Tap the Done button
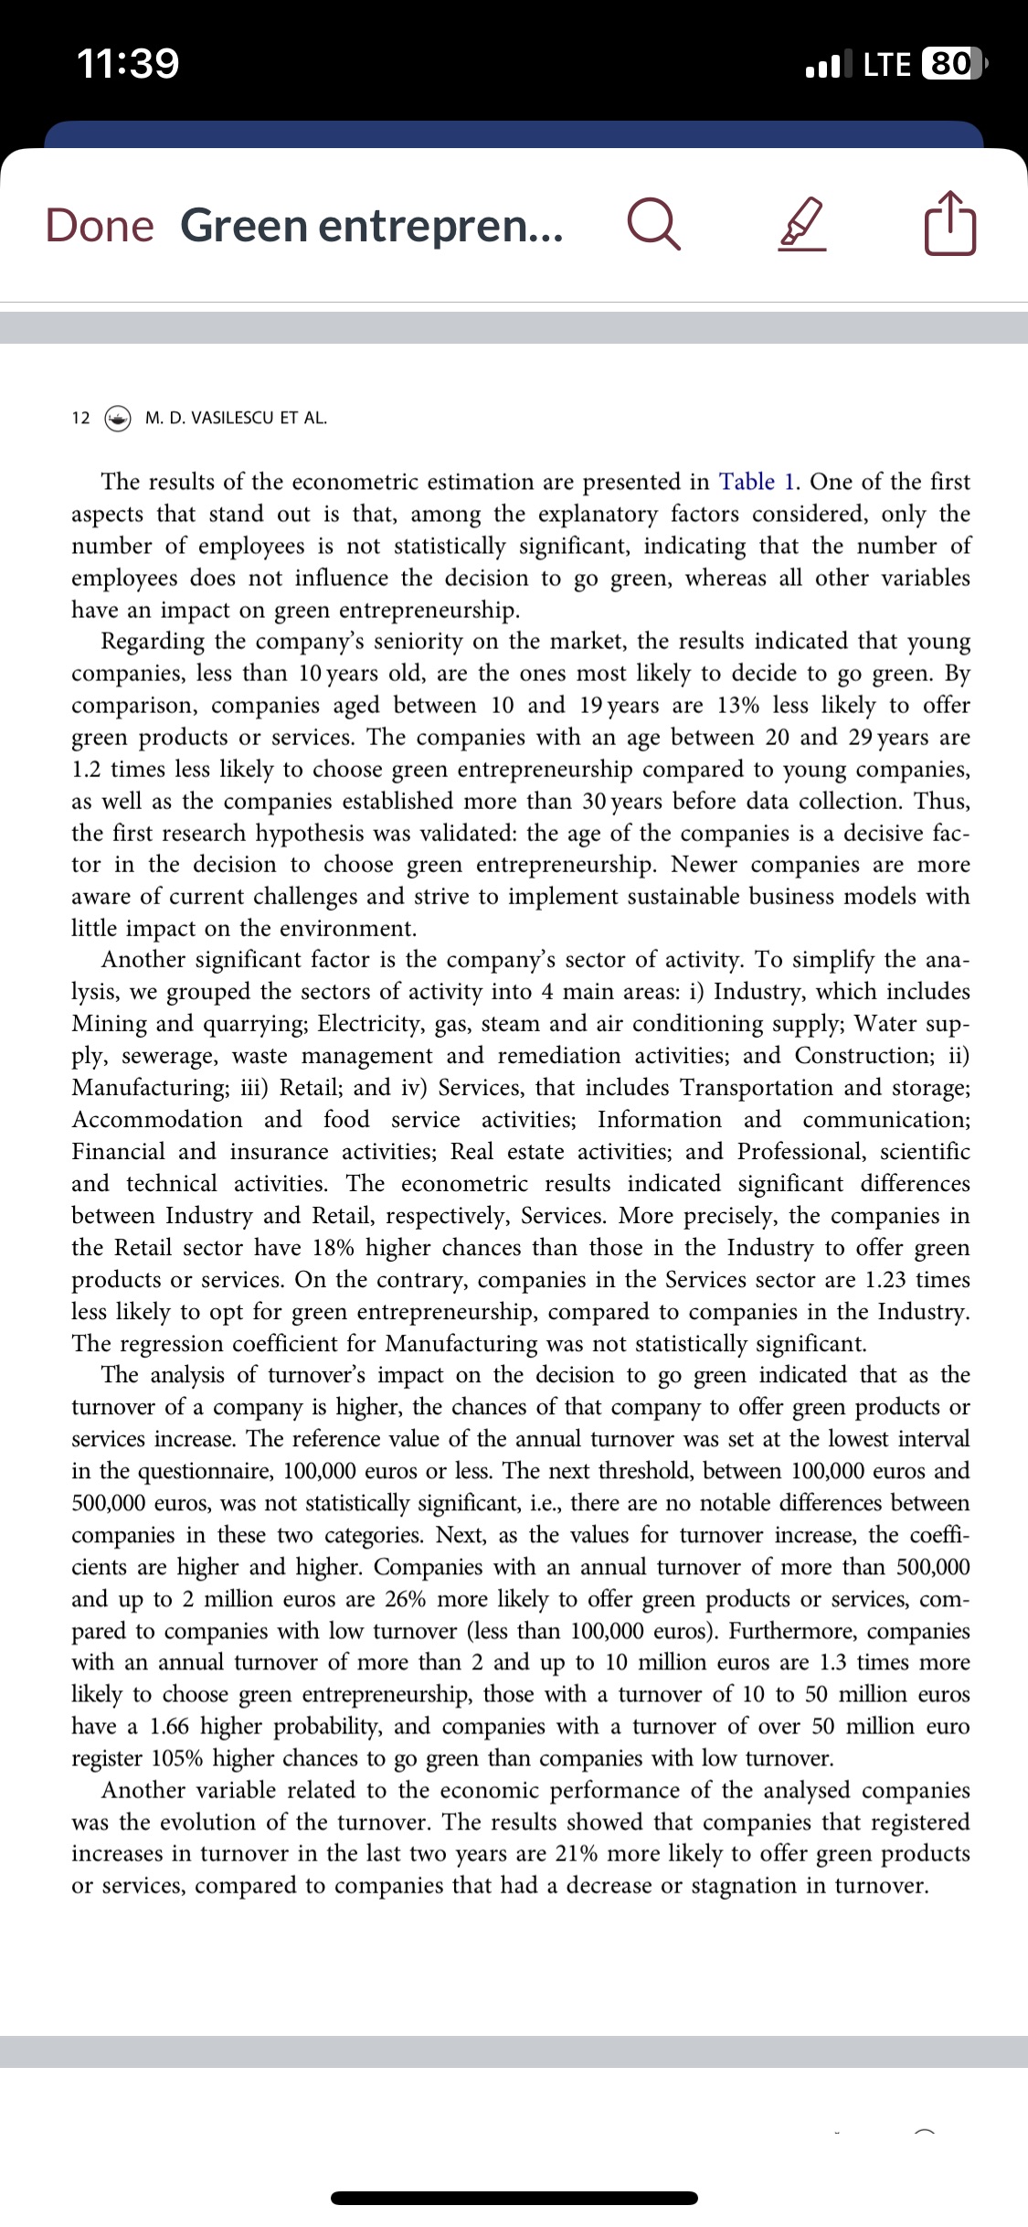pyautogui.click(x=100, y=225)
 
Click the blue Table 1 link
pyautogui.click(x=759, y=482)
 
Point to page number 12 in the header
pyautogui.click(x=80, y=419)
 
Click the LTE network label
pyautogui.click(x=887, y=64)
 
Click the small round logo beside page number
pyautogui.click(x=118, y=419)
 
